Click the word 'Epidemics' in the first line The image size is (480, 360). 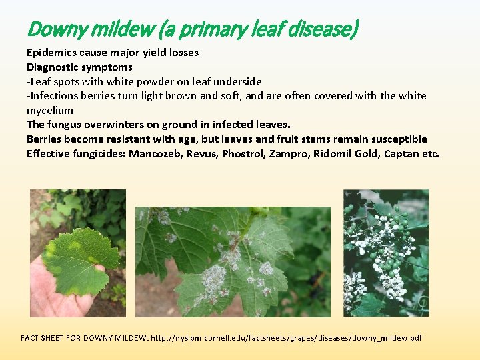coord(51,52)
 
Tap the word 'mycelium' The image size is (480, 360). coord(50,110)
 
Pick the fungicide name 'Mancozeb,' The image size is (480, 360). coord(155,153)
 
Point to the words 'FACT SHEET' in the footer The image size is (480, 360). coord(45,338)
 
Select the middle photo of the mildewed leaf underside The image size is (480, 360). coord(233,262)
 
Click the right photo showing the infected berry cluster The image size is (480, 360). coord(386,253)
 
